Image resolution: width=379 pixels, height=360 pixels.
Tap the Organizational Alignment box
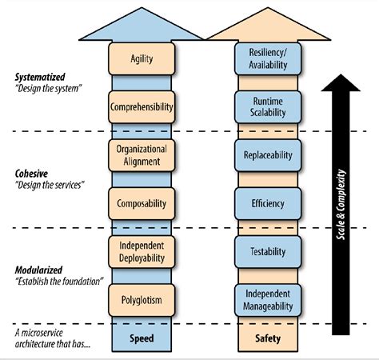pyautogui.click(x=141, y=154)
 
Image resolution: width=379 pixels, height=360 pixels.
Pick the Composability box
pyautogui.click(x=141, y=203)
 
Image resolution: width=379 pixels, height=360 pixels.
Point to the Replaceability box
pyautogui.click(x=268, y=155)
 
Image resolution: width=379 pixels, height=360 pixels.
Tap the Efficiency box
pyautogui.click(x=268, y=203)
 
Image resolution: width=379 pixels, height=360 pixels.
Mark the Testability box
pyautogui.click(x=268, y=251)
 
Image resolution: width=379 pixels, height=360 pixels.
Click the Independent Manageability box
pyautogui.click(x=268, y=299)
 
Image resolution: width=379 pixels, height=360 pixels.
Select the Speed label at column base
pyautogui.click(x=142, y=338)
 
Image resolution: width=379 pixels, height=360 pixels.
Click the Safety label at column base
pyautogui.click(x=268, y=338)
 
